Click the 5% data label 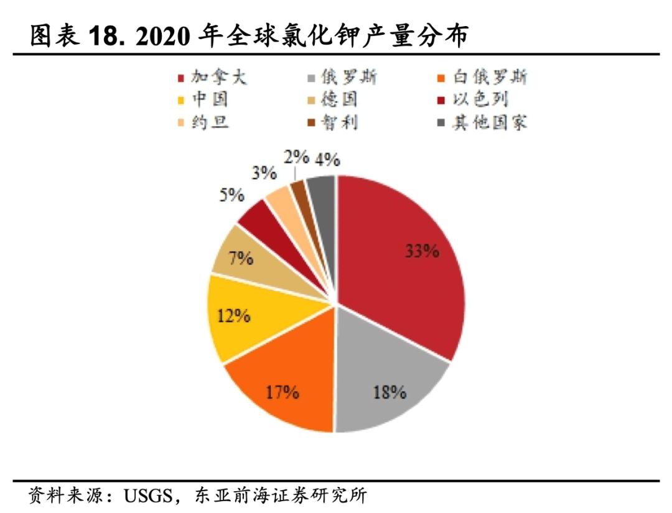tap(231, 195)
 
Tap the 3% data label tap(264, 173)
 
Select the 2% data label tap(296, 157)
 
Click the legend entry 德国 tap(339, 99)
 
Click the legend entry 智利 tap(339, 121)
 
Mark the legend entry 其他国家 tap(489, 121)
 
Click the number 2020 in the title tap(162, 36)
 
